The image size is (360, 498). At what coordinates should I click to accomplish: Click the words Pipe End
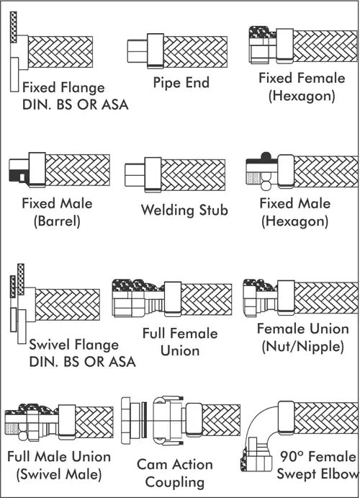click(x=181, y=83)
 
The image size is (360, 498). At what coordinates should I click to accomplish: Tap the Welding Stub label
click(x=184, y=210)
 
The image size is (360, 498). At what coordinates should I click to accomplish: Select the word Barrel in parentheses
click(x=57, y=221)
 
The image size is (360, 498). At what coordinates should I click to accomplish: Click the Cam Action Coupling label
click(x=175, y=473)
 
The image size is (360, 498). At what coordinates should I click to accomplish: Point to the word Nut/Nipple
click(x=303, y=347)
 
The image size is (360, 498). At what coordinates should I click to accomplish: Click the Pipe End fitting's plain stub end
click(x=138, y=51)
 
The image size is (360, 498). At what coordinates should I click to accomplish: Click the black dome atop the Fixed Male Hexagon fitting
click(x=266, y=156)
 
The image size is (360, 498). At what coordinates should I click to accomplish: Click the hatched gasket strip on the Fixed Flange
click(x=14, y=27)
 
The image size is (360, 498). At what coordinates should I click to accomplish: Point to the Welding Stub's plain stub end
click(x=135, y=174)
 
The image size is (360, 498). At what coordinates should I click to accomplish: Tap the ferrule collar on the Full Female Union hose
click(x=173, y=299)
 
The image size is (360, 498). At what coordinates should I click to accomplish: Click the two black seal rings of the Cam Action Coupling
click(x=144, y=420)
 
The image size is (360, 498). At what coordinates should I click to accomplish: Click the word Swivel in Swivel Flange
click(x=48, y=344)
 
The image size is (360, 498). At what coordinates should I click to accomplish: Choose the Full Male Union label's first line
click(x=59, y=457)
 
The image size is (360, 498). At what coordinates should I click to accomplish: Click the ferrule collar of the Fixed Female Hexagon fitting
click(x=284, y=46)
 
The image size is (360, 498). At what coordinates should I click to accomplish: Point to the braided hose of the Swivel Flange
click(x=67, y=305)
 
